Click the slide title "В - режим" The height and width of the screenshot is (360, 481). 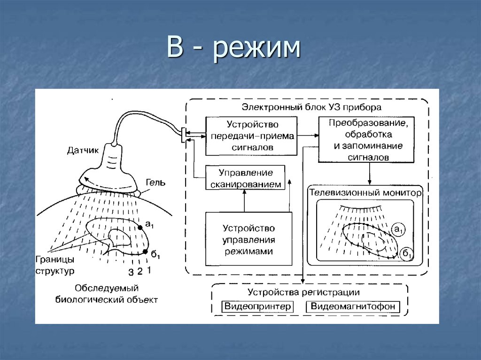(233, 50)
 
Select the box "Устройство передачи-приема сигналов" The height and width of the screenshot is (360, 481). (251, 136)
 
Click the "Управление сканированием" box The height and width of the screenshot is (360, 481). (246, 177)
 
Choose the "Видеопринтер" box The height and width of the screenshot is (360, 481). (256, 307)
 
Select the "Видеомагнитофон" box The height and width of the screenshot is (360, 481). (353, 307)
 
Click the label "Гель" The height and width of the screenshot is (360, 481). (155, 183)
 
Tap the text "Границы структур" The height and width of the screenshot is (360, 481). (55, 265)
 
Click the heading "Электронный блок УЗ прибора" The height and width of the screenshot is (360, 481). (311, 107)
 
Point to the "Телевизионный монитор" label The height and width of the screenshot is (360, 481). (365, 193)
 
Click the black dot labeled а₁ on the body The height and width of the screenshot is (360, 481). (140, 228)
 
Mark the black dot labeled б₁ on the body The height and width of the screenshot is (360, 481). (145, 252)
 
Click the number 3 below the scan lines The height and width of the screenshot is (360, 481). (131, 272)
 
